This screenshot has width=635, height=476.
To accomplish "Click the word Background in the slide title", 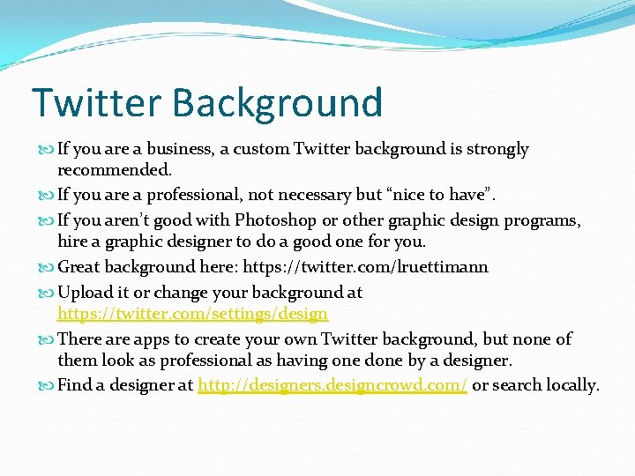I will pos(278,104).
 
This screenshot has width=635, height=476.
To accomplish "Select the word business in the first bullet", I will pos(176,149).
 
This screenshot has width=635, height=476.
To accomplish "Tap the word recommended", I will pos(115,168).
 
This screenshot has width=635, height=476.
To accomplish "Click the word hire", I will pos(73,242).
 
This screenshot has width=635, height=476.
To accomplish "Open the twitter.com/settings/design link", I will pos(192,313).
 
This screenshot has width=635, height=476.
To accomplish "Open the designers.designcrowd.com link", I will pos(332,384).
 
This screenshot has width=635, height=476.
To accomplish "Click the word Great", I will pos(80,266).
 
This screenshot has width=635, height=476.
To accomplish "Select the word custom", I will pos(265,149).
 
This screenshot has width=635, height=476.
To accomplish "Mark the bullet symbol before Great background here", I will pos(48,267).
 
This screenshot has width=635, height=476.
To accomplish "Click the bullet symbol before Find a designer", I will pos(48,385).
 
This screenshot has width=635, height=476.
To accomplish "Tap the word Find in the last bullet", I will pos(74,384).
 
